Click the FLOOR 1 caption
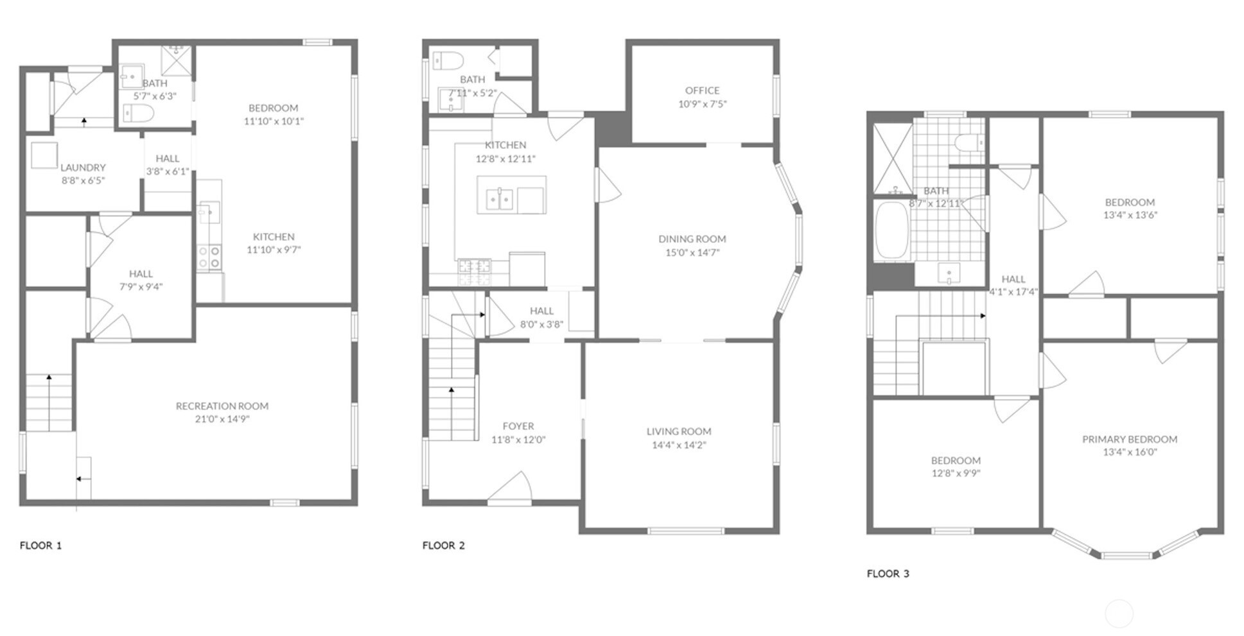(40, 546)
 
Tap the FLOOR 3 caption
(888, 574)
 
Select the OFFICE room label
(702, 90)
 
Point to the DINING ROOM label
(692, 239)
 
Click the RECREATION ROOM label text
(222, 406)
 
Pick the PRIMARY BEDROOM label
(1130, 439)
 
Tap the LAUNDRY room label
(83, 168)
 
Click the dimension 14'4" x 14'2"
(679, 445)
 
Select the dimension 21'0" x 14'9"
(222, 419)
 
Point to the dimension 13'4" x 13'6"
(1130, 215)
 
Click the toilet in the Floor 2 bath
(448, 61)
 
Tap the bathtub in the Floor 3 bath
(892, 230)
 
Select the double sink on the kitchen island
(499, 200)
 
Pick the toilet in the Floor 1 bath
(138, 114)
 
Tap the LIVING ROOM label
(679, 431)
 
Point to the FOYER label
(518, 426)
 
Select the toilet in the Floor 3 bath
(968, 142)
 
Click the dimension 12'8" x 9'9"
(956, 474)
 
